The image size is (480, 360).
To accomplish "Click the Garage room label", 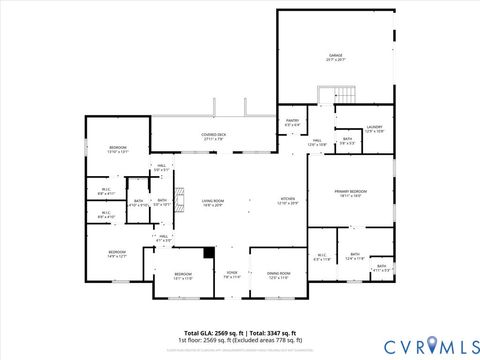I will tap(335, 57).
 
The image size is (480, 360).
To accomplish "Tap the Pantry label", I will tap(292, 123).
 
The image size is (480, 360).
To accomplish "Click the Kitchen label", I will tap(288, 200).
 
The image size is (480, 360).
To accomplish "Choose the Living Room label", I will tap(213, 203).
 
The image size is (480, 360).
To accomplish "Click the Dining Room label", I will tap(279, 275).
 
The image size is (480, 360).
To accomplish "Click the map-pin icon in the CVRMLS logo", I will tap(432, 345).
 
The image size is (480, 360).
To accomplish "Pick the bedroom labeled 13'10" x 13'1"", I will tap(118, 150).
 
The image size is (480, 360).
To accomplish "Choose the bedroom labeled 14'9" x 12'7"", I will tap(117, 254).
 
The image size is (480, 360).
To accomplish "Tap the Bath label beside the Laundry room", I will tap(346, 141).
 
